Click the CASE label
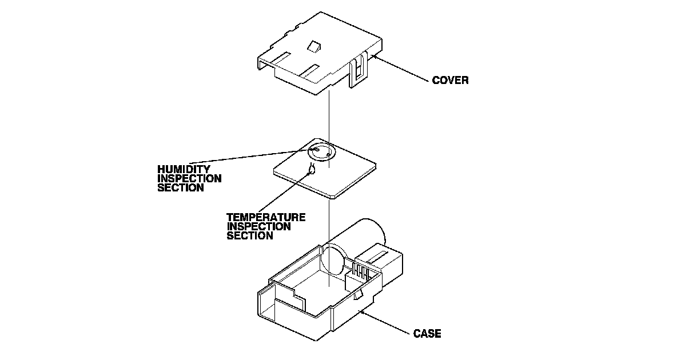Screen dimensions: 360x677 pyautogui.click(x=427, y=334)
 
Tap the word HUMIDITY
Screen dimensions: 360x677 pyautogui.click(x=184, y=170)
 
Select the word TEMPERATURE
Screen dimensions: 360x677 pyautogui.click(x=265, y=218)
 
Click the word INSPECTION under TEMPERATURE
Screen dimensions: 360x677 pyautogui.click(x=258, y=226)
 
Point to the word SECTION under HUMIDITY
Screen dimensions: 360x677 pyautogui.click(x=180, y=187)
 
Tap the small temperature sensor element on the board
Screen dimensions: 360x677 pyautogui.click(x=312, y=169)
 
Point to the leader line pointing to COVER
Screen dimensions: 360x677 pyautogui.click(x=400, y=69)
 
